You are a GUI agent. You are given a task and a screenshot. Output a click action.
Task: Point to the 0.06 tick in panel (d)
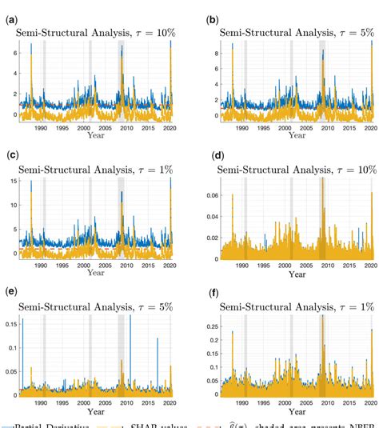click(211, 194)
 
